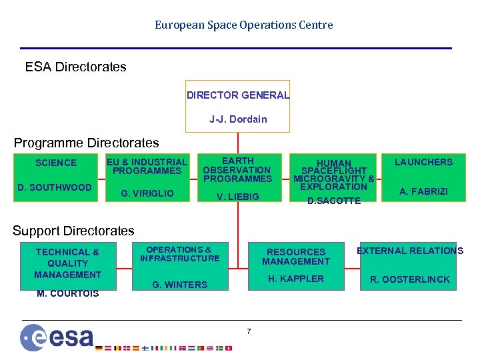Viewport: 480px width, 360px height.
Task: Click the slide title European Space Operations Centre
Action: pos(243,25)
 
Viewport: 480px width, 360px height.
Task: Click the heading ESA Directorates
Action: pos(75,67)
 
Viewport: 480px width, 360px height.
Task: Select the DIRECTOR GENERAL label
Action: pos(238,95)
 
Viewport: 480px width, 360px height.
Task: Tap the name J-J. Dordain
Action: pos(238,119)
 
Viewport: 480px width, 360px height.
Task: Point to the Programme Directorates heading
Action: pos(87,143)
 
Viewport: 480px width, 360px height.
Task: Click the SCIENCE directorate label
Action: pos(56,163)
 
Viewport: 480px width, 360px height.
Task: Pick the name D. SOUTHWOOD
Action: pos(54,187)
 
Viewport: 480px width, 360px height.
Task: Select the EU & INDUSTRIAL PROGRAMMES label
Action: pos(147,166)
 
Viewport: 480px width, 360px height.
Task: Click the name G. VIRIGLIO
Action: pos(147,193)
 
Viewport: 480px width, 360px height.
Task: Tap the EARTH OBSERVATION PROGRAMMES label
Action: pos(237,169)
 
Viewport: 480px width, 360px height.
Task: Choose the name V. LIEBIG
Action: pos(238,197)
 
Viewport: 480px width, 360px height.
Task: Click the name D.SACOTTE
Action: pos(333,201)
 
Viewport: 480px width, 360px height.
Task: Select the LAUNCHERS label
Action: pos(423,162)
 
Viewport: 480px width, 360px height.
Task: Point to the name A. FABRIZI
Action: pos(423,192)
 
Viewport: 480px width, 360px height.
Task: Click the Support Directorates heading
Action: pos(73,231)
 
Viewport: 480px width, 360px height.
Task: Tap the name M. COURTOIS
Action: pos(67,293)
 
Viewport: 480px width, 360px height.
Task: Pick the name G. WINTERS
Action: pos(180,285)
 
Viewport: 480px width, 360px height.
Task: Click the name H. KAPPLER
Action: pos(296,279)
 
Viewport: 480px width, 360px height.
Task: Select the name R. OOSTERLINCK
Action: pos(410,279)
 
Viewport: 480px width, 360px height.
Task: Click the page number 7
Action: pos(249,331)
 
